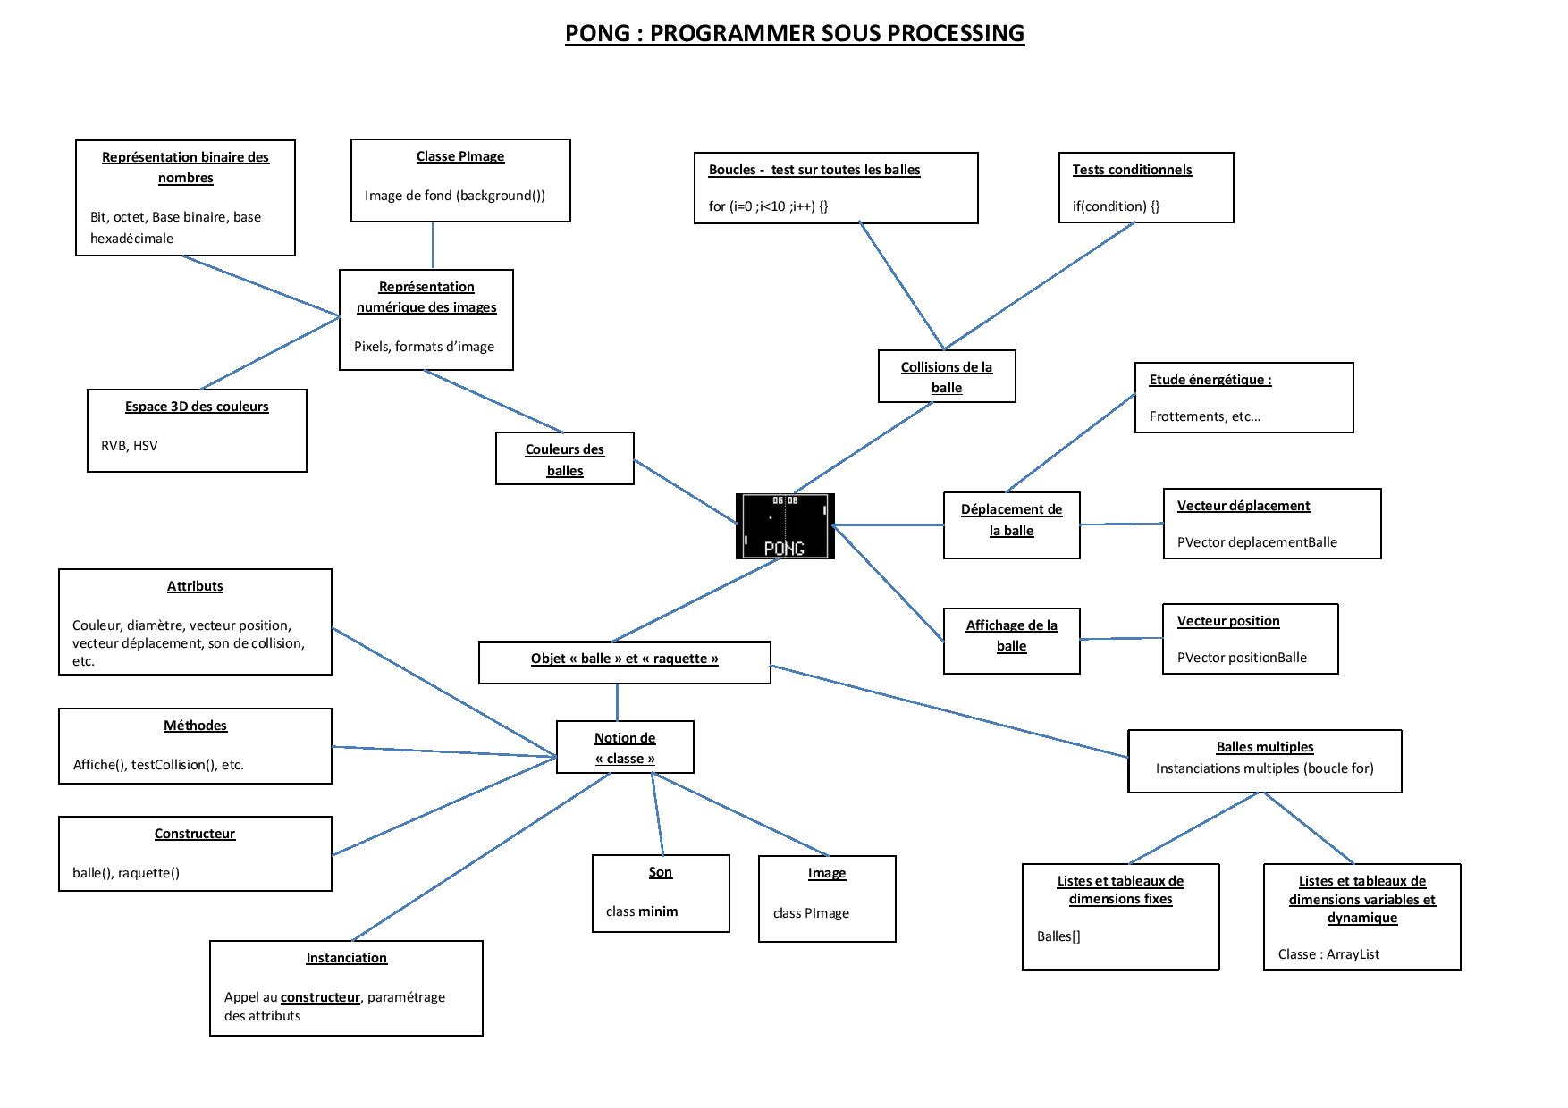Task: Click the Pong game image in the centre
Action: [785, 526]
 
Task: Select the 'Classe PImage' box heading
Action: [460, 156]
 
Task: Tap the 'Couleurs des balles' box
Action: [565, 459]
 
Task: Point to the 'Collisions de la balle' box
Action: [947, 377]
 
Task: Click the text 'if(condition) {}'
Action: [1116, 206]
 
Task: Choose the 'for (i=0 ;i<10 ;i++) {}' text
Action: [768, 206]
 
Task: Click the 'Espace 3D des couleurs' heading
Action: [197, 407]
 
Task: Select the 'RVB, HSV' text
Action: [129, 446]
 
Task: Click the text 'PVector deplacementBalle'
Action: [1257, 542]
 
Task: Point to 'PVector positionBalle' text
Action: [1242, 658]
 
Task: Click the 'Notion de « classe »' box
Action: [625, 748]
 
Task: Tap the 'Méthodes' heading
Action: [195, 726]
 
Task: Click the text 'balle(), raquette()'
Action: [126, 873]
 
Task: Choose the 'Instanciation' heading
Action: [346, 958]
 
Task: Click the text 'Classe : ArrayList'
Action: [1328, 954]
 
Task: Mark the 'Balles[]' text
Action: [1058, 936]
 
